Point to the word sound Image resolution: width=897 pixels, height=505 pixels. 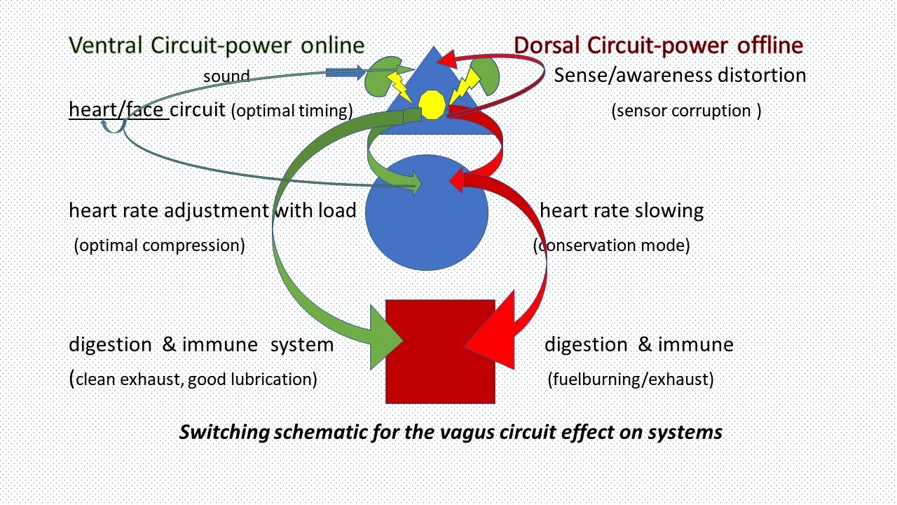[226, 76]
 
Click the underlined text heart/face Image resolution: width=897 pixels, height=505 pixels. [118, 110]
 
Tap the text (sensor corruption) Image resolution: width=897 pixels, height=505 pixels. [686, 111]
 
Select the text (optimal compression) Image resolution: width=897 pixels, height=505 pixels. [159, 246]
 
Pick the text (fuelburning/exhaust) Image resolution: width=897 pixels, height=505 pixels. [630, 380]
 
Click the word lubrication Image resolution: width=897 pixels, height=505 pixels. [276, 380]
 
